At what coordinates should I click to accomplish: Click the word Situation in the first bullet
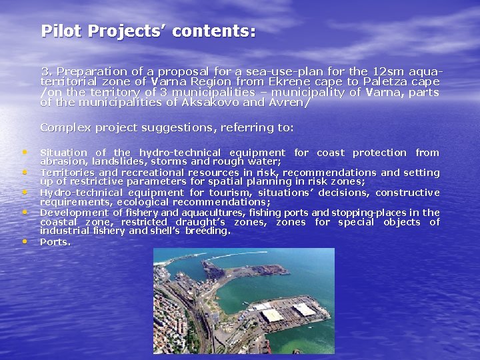click(63, 153)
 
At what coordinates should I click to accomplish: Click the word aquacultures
click(198, 213)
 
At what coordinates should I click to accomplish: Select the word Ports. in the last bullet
click(55, 242)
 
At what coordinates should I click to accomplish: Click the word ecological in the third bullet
click(139, 202)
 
